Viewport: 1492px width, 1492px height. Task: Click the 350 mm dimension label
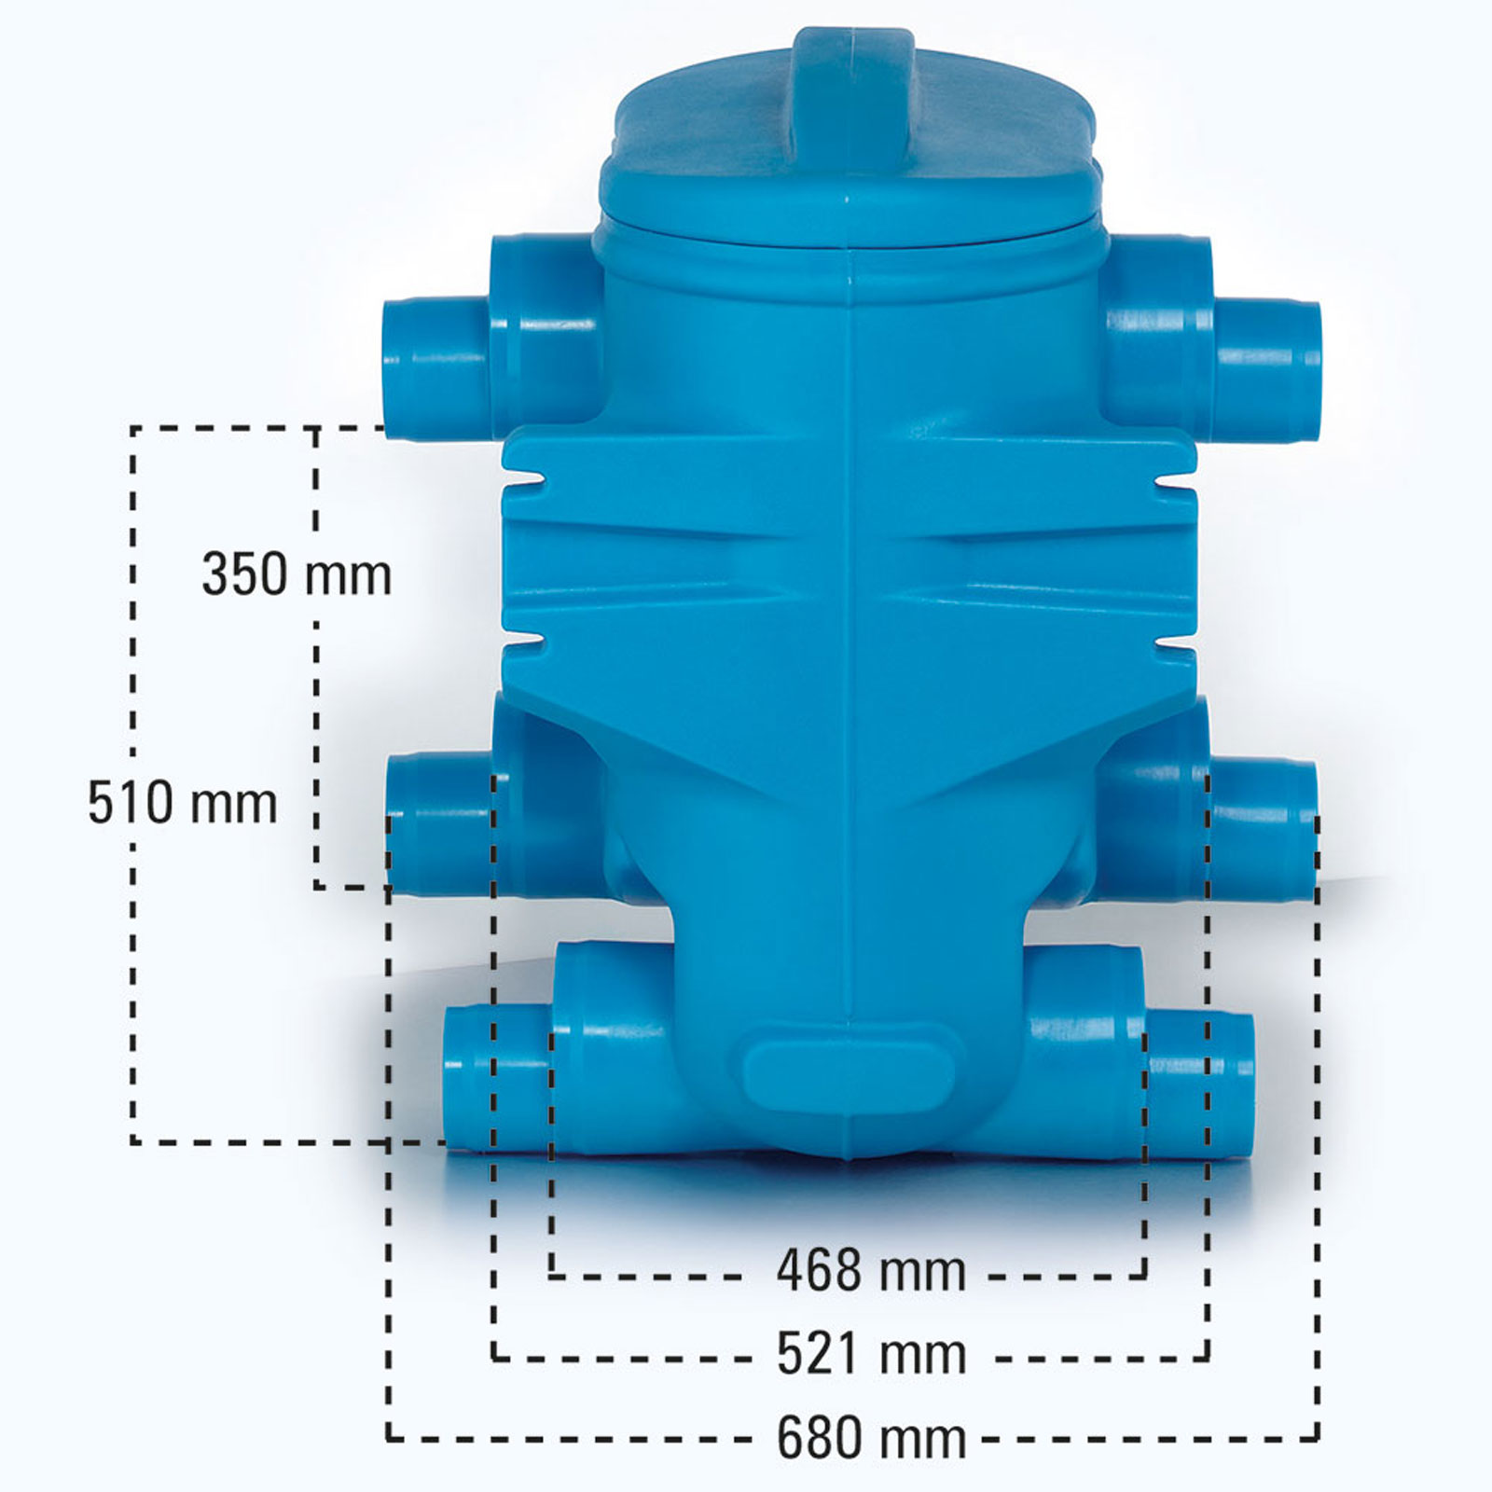(x=297, y=574)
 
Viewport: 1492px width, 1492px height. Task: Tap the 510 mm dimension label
(x=183, y=803)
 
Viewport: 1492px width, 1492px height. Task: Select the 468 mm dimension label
(x=871, y=1270)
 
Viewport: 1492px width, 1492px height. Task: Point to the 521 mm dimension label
(x=872, y=1353)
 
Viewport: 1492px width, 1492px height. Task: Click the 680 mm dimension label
(x=872, y=1437)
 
